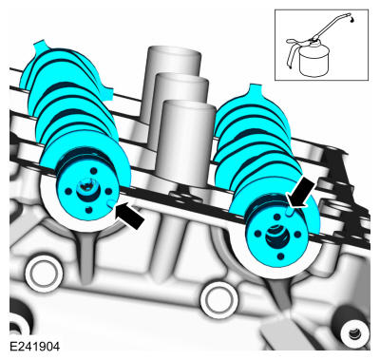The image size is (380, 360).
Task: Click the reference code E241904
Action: (x=34, y=347)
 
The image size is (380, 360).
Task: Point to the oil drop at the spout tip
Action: (x=352, y=20)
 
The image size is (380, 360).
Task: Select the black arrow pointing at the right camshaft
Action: (x=301, y=192)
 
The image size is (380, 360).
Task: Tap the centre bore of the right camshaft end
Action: (x=276, y=235)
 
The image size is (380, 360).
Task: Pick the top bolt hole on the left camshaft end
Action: (x=93, y=171)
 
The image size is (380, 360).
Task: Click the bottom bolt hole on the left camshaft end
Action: (x=89, y=210)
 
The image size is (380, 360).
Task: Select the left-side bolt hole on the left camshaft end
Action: (x=67, y=191)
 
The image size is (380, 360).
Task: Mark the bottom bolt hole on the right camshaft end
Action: (x=280, y=256)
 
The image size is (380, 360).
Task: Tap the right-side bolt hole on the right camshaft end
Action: (x=297, y=235)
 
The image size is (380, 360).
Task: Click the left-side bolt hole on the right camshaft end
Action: (x=257, y=234)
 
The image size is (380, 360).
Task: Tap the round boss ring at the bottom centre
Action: (x=219, y=300)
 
